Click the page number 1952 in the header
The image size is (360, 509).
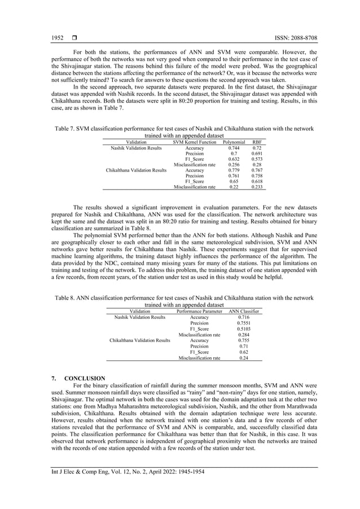[x=57, y=38]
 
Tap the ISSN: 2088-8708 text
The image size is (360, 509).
[x=295, y=38]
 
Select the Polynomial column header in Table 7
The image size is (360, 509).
[x=234, y=142]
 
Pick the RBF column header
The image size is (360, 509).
[x=257, y=142]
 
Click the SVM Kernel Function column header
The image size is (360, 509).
[x=194, y=142]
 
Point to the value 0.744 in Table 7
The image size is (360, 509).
[x=234, y=148]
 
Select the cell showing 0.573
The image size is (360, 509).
[x=257, y=159]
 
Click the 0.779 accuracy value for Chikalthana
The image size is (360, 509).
[x=234, y=170]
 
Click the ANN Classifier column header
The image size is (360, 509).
[x=244, y=311]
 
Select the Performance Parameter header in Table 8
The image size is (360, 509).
[x=199, y=311]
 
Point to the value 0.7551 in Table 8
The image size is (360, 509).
[x=244, y=323]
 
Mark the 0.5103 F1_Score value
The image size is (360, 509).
[x=244, y=329]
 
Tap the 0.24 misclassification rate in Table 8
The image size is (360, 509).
[x=244, y=358]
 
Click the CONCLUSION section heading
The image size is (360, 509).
[x=84, y=378]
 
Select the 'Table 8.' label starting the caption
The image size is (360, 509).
[x=65, y=298]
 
